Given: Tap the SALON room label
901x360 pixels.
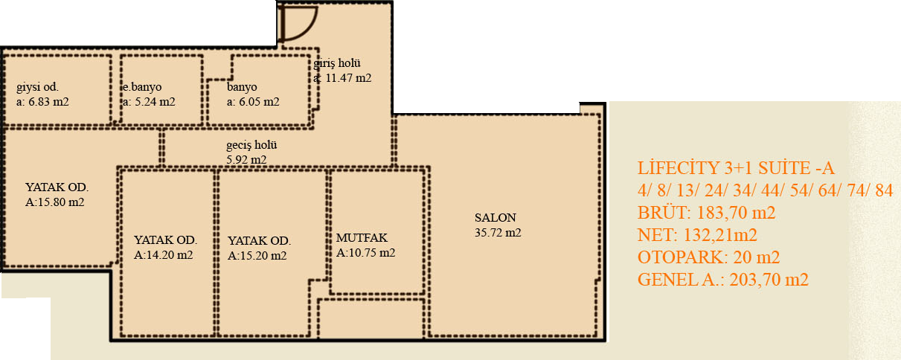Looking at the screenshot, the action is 496,218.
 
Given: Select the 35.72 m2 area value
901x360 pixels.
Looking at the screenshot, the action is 498,233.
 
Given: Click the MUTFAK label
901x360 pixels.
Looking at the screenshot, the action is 362,238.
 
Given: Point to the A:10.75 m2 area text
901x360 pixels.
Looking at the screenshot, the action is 365,253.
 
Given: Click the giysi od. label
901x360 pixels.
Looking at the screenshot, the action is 37,87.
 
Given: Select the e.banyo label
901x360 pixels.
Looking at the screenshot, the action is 142,87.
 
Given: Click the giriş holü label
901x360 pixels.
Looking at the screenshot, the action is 337,63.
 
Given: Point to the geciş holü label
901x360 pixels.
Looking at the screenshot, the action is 251,145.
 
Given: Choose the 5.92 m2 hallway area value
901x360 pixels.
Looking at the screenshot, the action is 246,160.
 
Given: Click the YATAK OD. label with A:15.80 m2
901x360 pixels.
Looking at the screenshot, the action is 57,187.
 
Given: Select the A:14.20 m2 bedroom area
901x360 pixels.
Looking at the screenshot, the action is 163,255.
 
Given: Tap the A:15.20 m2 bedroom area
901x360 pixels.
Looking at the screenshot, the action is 257,256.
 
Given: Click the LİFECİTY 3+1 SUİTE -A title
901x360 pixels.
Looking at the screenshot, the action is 736,168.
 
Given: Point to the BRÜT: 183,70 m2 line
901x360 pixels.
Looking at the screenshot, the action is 706,213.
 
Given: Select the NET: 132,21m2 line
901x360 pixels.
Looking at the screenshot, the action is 697,235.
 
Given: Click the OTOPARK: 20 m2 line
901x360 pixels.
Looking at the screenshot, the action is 708,257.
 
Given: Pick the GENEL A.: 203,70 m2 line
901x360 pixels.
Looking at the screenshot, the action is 723,280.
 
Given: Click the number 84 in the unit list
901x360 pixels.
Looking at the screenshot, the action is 884,190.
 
